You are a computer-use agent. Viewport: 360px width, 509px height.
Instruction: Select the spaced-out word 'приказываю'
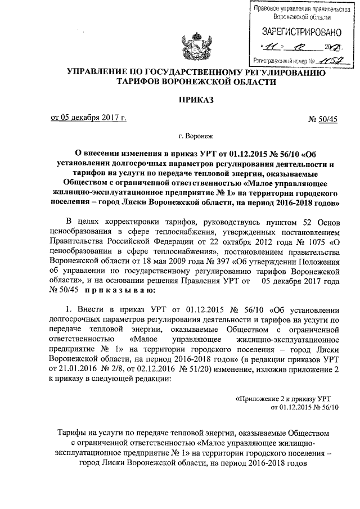116,291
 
